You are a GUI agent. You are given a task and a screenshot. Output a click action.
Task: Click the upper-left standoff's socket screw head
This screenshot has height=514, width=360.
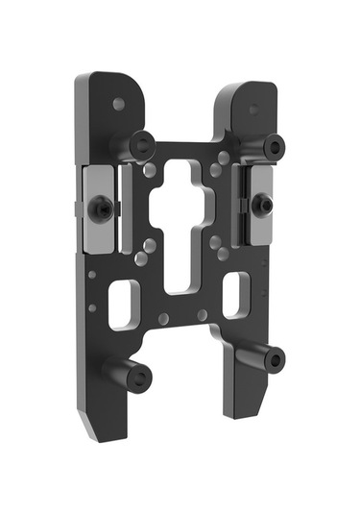[x=143, y=146]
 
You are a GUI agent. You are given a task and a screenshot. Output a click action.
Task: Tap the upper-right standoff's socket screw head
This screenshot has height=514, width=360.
[x=275, y=147]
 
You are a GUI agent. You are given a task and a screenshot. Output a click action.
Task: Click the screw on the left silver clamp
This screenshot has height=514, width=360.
[x=101, y=207]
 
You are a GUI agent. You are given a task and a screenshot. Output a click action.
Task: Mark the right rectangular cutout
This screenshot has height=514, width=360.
[x=235, y=294]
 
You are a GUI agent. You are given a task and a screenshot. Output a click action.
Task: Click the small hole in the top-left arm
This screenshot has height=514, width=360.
[x=118, y=104]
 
